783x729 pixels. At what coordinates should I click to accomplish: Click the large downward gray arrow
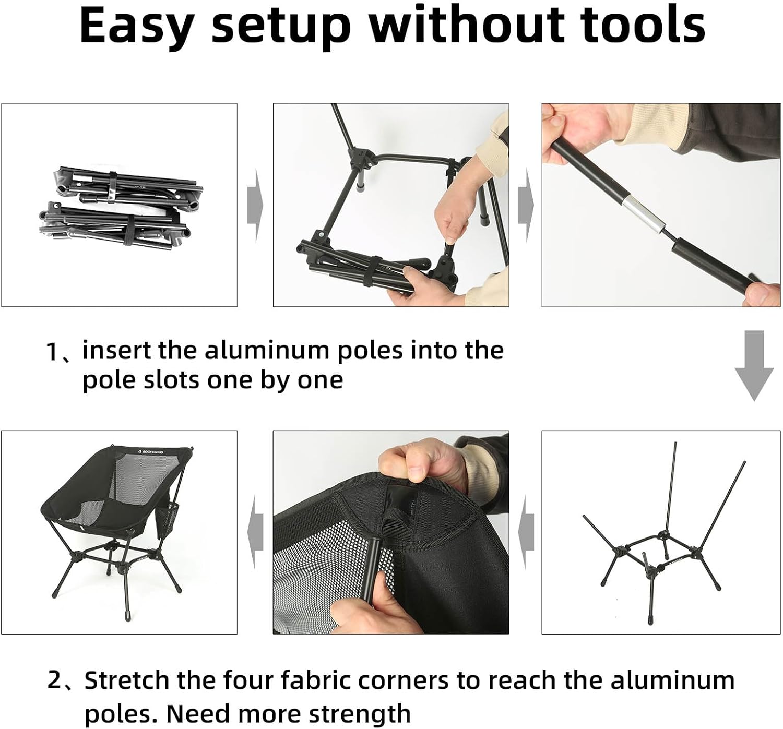(754, 365)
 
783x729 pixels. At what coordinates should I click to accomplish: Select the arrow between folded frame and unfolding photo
(255, 205)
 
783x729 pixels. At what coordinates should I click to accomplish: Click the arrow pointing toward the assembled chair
(255, 533)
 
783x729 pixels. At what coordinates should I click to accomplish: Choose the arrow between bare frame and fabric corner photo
(526, 533)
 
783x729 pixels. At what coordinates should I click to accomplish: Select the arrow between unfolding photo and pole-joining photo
(526, 205)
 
